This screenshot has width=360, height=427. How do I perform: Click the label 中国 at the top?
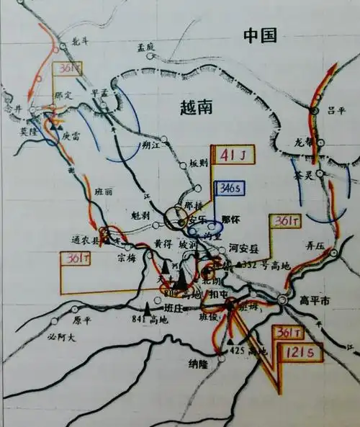pos(260,36)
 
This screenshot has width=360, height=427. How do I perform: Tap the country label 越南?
pos(196,107)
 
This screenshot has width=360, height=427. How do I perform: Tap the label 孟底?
pos(146,47)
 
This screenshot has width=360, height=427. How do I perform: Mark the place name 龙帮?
pos(305,141)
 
